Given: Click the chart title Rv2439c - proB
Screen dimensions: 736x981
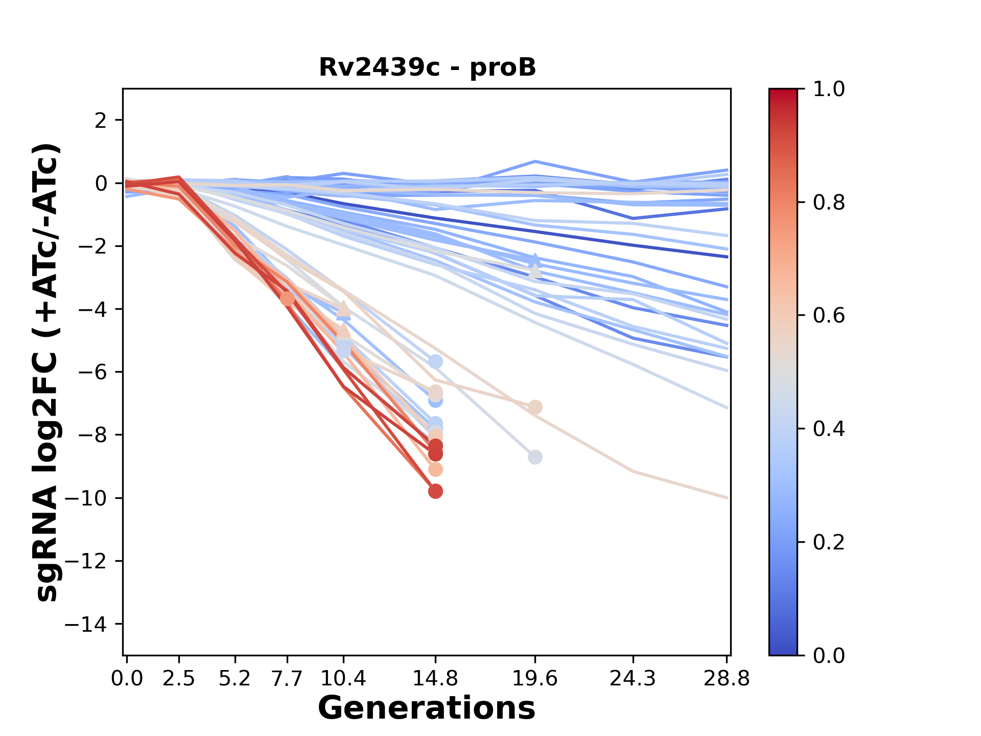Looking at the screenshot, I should coord(427,67).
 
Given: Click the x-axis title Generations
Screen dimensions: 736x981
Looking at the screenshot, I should coord(427,708).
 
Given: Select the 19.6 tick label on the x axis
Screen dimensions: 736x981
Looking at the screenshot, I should coord(535,679).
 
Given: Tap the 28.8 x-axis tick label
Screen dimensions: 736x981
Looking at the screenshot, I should coord(727,679).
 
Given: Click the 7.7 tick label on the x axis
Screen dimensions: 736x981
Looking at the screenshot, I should coord(288,679).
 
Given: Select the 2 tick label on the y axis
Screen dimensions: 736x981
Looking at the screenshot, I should coord(101,121).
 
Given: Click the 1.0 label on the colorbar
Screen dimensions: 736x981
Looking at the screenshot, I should coord(829,89).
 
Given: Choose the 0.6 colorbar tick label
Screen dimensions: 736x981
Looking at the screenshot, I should coord(829,316).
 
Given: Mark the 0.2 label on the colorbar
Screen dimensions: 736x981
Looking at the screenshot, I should coord(829,542).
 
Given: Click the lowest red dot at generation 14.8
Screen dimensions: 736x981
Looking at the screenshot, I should coord(435,492).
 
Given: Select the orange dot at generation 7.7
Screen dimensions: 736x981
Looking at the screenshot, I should coord(288,298).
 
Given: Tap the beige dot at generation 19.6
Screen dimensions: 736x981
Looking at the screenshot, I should coord(535,407).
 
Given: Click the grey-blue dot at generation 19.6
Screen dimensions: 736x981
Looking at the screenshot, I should coord(535,457).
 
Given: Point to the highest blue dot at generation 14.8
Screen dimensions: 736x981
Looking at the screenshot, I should coord(435,362).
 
